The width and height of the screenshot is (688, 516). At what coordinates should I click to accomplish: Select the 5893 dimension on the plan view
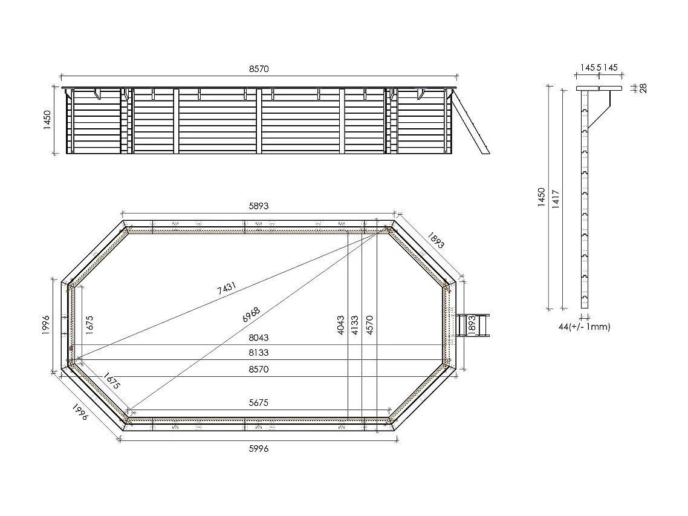[258, 206]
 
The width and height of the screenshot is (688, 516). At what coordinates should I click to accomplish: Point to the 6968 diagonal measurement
[251, 315]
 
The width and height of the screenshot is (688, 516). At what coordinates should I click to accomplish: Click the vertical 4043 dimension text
[340, 324]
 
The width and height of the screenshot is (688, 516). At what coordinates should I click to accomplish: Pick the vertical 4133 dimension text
[355, 324]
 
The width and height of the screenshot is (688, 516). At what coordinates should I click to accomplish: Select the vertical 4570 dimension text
[369, 324]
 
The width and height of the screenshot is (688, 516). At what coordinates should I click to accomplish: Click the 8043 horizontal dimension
[258, 338]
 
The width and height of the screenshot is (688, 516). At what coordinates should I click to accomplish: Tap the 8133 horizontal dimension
[258, 353]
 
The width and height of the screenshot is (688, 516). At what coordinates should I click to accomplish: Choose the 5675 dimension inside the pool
[258, 402]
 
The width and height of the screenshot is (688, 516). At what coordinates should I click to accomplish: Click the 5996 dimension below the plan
[258, 448]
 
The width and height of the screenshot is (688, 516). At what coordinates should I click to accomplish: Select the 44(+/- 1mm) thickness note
[584, 327]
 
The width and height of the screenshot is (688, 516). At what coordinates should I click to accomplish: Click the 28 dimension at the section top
[643, 88]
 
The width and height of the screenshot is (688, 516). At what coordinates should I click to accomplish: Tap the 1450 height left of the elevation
[47, 121]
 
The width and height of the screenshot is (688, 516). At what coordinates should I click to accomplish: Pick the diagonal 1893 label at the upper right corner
[435, 240]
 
